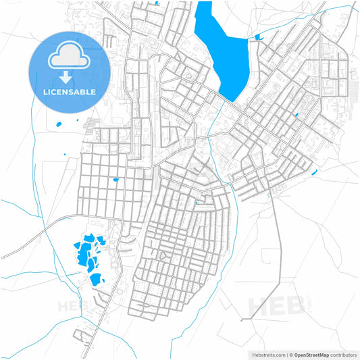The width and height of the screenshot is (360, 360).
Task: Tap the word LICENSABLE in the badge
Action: pos(70,92)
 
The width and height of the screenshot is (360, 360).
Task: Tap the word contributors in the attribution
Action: pos(343,354)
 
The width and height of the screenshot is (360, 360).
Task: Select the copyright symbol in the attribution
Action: pos(291,354)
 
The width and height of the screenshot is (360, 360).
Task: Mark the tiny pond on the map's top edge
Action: pos(157,3)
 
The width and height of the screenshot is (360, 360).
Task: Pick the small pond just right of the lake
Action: pos(257,36)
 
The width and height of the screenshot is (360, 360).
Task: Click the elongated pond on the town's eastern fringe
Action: pos(314,173)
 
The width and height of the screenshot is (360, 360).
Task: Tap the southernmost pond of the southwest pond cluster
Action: pos(95,278)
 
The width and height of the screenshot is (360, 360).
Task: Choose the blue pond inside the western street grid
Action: pos(115,180)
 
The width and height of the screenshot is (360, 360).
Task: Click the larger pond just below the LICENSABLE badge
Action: pos(58,124)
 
